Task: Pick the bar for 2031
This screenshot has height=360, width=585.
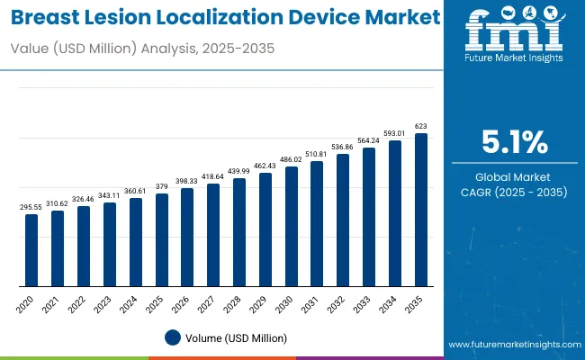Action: [317, 224]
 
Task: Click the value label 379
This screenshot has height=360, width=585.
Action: [161, 187]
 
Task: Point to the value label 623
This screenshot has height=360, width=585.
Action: [420, 127]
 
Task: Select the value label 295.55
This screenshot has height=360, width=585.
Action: [31, 207]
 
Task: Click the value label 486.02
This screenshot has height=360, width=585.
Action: [291, 159]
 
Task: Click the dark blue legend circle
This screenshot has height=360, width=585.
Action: [173, 337]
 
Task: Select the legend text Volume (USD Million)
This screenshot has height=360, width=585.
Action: [236, 337]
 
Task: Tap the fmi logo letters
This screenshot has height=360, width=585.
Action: [514, 36]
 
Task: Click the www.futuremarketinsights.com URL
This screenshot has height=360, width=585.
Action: [512, 345]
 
